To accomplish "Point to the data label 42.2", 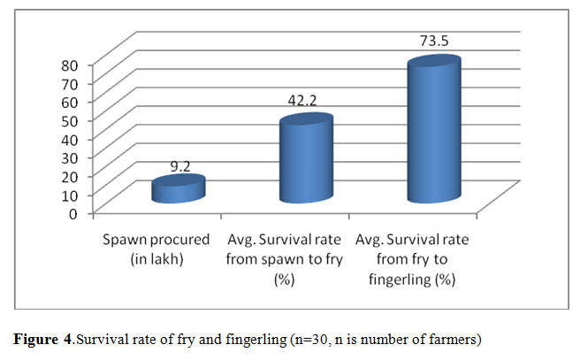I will (x=305, y=103).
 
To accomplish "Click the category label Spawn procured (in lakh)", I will (x=156, y=248).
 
